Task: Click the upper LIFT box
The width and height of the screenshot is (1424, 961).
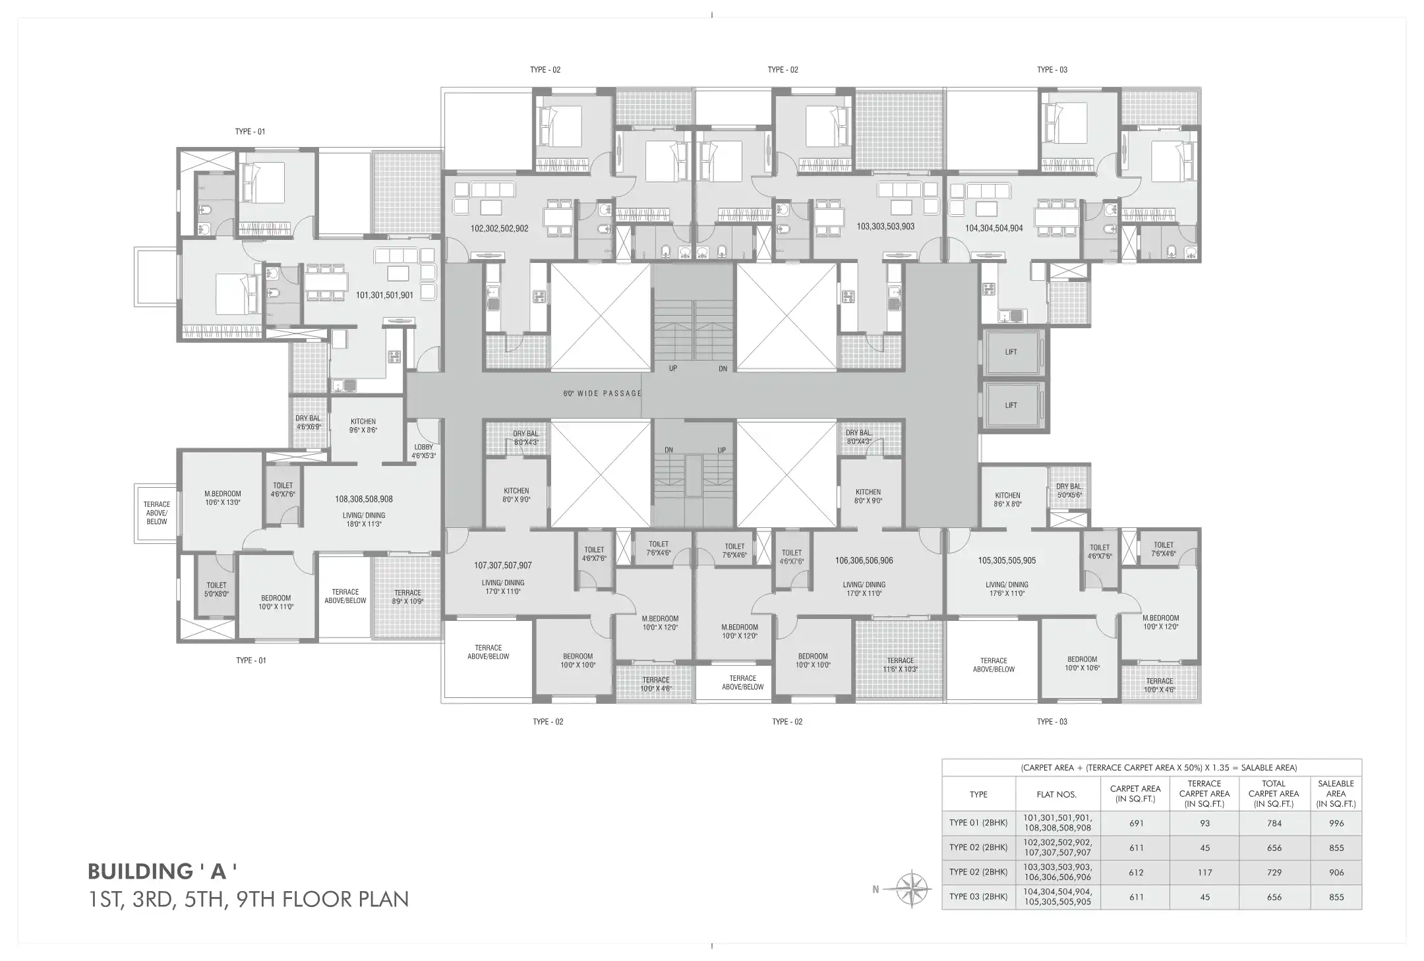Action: [1011, 352]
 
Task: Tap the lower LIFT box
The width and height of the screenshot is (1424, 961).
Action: [1011, 405]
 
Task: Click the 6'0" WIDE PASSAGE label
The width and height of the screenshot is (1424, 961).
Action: [602, 393]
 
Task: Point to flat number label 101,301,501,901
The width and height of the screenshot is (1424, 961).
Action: [384, 295]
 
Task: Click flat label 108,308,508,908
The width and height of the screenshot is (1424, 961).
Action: [364, 500]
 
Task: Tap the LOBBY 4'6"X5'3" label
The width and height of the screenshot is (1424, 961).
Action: [423, 451]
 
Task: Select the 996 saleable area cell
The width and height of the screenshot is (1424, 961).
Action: [1336, 823]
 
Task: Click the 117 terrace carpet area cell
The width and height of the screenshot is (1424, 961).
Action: [1204, 873]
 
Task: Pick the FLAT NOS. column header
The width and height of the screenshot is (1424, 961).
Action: [1057, 794]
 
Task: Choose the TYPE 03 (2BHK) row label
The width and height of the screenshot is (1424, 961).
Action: [978, 897]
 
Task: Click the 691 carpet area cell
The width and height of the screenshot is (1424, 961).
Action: [1136, 823]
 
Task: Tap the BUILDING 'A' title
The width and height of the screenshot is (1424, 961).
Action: [162, 871]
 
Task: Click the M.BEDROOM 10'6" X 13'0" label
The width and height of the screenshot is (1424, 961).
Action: [223, 498]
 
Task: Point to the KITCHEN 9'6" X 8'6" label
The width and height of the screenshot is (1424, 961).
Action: [363, 426]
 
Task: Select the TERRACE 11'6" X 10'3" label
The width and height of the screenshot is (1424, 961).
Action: [900, 664]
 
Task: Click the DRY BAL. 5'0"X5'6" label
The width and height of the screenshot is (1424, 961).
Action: [1069, 491]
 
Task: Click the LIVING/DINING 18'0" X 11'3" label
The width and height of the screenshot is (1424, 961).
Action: [364, 520]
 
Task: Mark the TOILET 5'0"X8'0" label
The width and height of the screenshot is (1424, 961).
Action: [216, 589]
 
